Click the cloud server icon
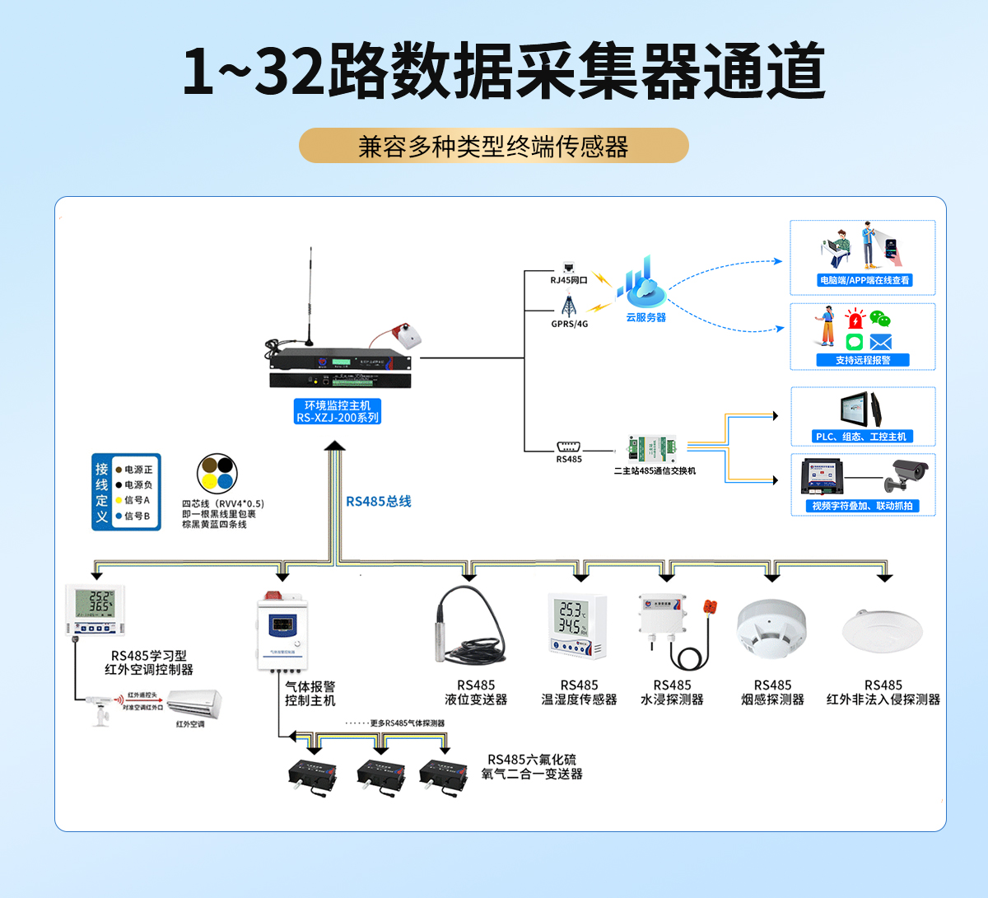(x=645, y=284)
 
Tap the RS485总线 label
(x=378, y=501)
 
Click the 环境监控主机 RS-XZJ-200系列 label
(x=338, y=411)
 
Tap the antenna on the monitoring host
(x=310, y=297)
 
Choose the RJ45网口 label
(x=569, y=280)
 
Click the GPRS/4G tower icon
(x=569, y=306)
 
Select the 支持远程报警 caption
(x=863, y=360)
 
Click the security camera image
(x=908, y=475)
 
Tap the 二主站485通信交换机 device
(x=652, y=449)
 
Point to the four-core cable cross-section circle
(x=217, y=474)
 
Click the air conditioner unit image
(x=194, y=704)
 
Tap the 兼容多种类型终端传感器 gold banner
(x=493, y=146)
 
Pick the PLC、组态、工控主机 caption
(x=861, y=437)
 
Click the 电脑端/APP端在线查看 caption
(x=864, y=280)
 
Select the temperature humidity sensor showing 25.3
(x=577, y=627)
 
